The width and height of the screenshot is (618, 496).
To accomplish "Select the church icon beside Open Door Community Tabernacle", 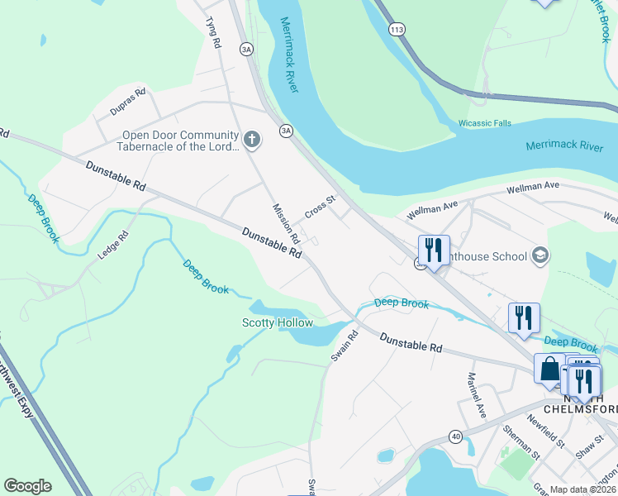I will click(x=252, y=141).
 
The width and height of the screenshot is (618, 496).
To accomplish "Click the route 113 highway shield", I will click(x=397, y=29).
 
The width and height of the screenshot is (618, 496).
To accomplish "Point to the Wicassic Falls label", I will click(x=485, y=123).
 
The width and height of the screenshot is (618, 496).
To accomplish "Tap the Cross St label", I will click(x=319, y=206).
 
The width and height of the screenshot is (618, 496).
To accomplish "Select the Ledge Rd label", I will click(x=113, y=246).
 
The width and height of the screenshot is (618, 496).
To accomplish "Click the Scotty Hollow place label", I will click(x=274, y=322).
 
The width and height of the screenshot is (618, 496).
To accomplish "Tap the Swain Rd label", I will click(x=345, y=346).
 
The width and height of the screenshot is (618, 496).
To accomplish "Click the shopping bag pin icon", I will click(x=549, y=370).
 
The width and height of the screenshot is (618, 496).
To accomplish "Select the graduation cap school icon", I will click(x=540, y=255).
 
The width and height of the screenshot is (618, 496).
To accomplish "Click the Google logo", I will click(x=27, y=486).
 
